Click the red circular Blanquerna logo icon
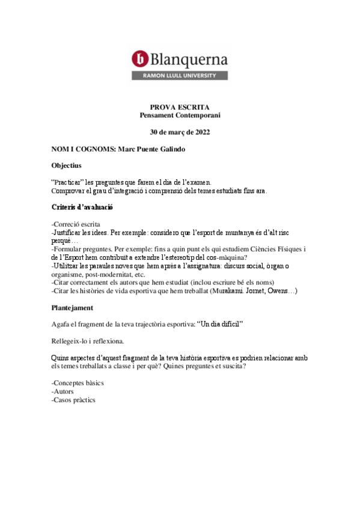(140, 58)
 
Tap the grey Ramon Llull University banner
(180, 76)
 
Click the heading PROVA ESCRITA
(180, 106)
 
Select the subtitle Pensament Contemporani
(180, 115)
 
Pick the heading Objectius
(67, 165)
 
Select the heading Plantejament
(72, 308)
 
